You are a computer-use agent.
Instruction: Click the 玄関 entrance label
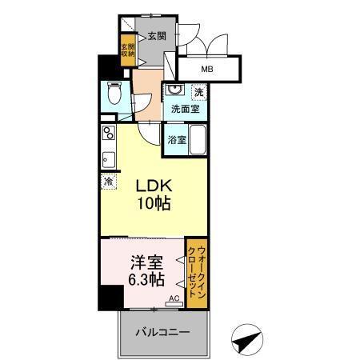[156, 35]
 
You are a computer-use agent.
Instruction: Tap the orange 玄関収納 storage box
[127, 53]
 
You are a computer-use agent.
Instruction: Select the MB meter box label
[206, 69]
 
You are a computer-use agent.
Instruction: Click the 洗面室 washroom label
[185, 108]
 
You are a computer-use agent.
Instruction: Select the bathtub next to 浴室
[198, 139]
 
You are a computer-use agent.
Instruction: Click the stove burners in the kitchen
[108, 132]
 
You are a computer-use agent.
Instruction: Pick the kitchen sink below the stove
[108, 155]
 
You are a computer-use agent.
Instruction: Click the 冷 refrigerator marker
[107, 181]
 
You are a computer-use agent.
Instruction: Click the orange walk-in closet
[196, 272]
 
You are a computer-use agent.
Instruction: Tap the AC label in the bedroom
[173, 300]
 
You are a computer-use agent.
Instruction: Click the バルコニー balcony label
[161, 332]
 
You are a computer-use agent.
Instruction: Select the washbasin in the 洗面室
[176, 90]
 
